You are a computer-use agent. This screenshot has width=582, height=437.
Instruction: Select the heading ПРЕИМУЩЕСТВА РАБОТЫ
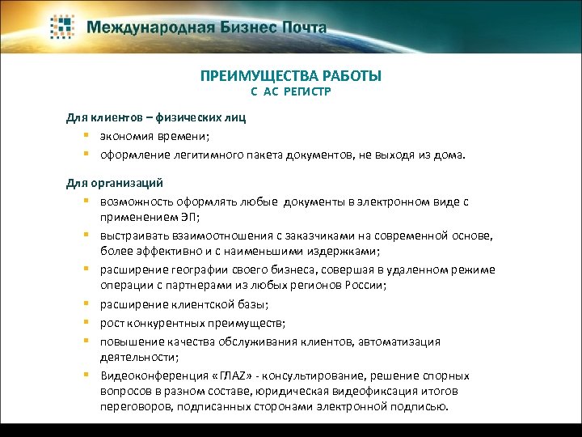291,76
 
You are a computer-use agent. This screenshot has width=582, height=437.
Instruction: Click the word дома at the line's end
451,153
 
